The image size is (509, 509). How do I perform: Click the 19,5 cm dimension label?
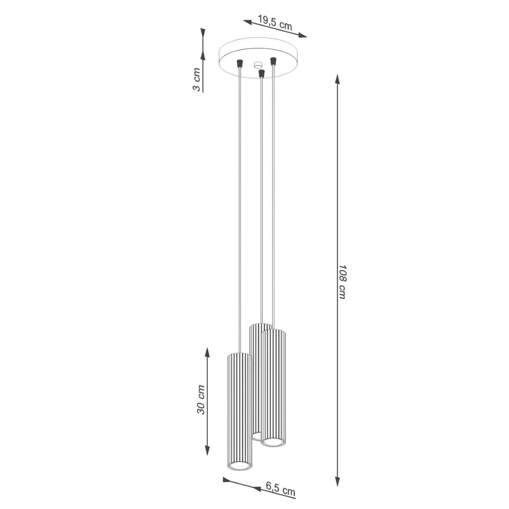(x=274, y=22)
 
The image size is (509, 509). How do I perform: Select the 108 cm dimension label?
(x=342, y=282)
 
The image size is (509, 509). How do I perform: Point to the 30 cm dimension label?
(x=201, y=399)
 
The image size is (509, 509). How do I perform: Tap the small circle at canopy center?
(x=258, y=65)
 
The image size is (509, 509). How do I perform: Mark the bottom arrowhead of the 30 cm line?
(x=207, y=450)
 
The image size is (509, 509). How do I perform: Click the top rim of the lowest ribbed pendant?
(x=239, y=355)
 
